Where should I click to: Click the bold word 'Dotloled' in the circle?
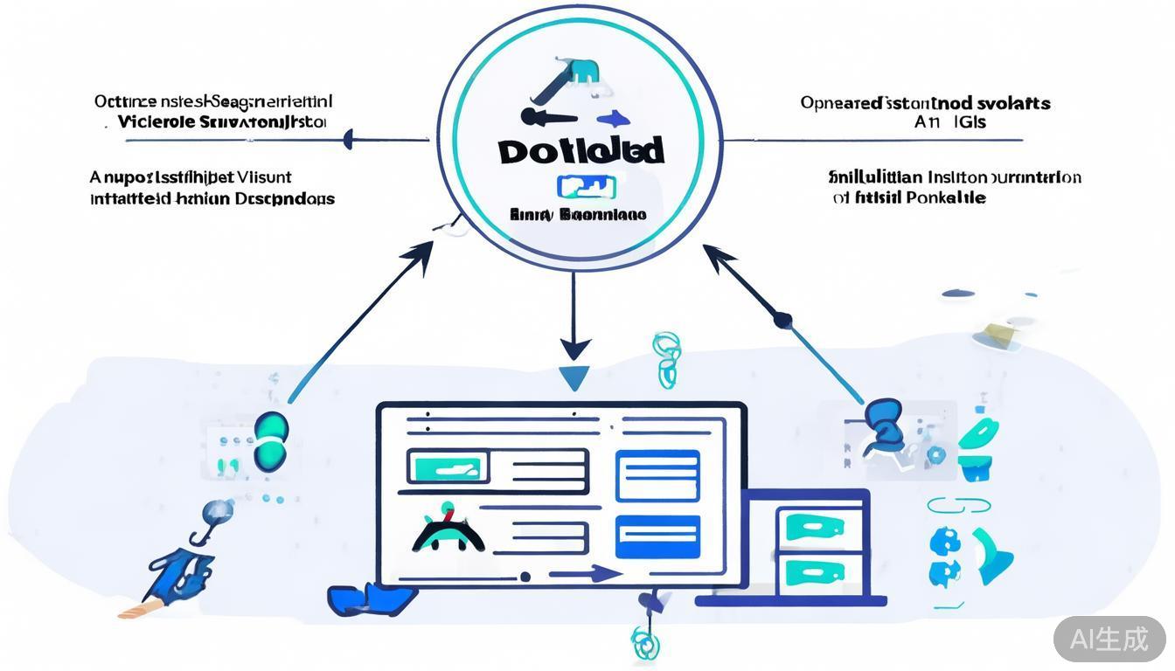click(x=581, y=150)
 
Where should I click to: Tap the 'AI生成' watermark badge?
click(x=1109, y=639)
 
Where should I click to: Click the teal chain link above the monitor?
click(x=665, y=358)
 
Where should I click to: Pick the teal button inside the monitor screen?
click(x=447, y=467)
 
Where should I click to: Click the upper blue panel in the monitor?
click(x=657, y=475)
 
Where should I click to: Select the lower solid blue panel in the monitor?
click(x=657, y=536)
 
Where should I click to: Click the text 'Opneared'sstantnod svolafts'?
click(x=925, y=103)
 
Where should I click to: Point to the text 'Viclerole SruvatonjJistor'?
click(x=221, y=122)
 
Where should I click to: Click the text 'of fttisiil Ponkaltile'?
click(x=909, y=198)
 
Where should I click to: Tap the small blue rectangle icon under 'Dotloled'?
click(x=586, y=186)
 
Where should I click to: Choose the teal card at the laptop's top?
click(x=814, y=526)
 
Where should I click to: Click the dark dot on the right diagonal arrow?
click(x=782, y=321)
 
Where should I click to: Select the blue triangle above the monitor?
click(x=574, y=378)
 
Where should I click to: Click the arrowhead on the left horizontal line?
click(x=348, y=139)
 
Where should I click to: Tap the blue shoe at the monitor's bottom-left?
click(x=367, y=599)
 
